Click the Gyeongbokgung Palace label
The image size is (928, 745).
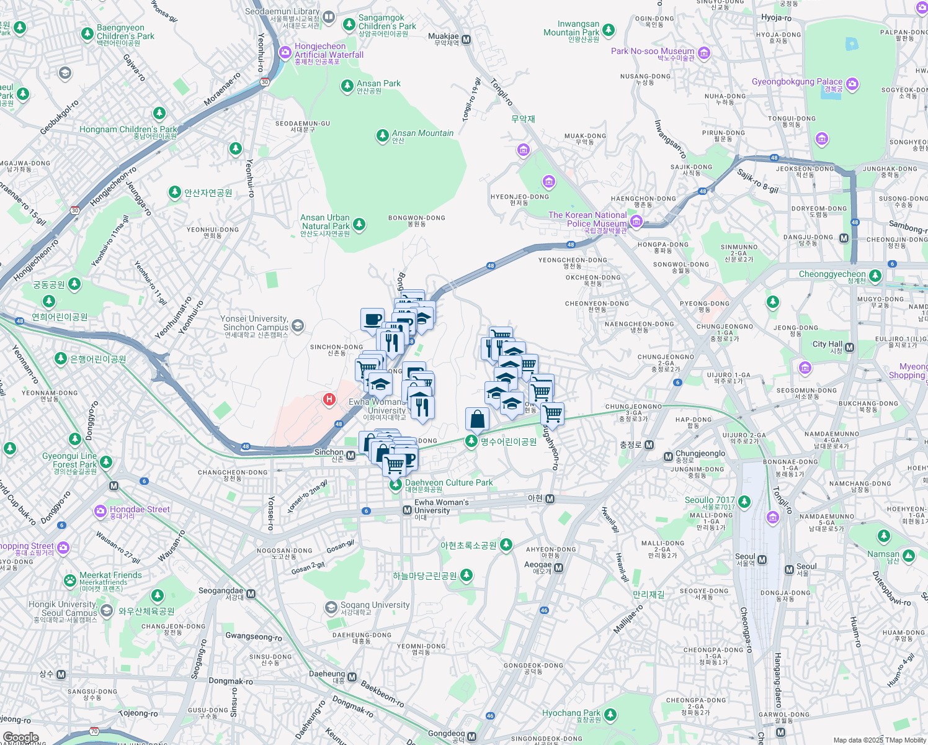point(797,82)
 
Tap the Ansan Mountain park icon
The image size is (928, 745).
point(383,135)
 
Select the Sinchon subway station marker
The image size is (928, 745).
point(351,456)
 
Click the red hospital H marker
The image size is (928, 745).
point(329,400)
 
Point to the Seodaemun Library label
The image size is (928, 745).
point(282,12)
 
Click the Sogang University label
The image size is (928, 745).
point(375,605)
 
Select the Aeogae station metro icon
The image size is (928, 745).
point(559,567)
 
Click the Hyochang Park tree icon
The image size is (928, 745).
point(610,715)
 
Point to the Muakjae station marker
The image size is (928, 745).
point(466,40)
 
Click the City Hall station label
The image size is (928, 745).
point(828,345)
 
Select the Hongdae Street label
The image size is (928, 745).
point(140,510)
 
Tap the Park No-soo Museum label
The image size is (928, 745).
point(653,52)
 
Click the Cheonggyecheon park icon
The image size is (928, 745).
point(875,275)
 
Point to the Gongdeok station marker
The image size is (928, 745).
point(471,736)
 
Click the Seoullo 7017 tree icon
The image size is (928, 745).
point(744,502)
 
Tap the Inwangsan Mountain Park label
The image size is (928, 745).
point(571,29)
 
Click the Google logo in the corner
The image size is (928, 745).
point(20,738)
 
